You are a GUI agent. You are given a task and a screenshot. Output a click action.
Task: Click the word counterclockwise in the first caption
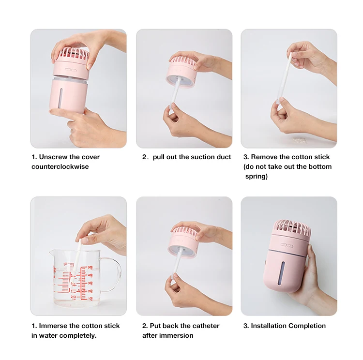point(60,166)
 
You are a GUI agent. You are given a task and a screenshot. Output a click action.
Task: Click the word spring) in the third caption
point(256,177)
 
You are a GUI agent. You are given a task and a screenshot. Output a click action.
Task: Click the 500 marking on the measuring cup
point(90,268)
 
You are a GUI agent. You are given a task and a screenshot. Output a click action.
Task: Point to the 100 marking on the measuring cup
point(90,299)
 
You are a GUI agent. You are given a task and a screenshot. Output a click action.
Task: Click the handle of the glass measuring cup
point(113,275)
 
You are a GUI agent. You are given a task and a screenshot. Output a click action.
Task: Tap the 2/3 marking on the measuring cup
point(73,297)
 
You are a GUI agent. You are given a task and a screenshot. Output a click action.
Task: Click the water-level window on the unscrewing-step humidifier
point(61,98)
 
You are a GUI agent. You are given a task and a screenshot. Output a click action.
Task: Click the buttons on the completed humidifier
point(287,245)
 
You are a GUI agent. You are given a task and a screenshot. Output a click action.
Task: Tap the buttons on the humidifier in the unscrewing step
point(71,70)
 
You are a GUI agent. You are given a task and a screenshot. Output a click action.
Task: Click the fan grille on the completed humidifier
point(291,228)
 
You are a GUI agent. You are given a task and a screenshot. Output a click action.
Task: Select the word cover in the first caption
point(91,157)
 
